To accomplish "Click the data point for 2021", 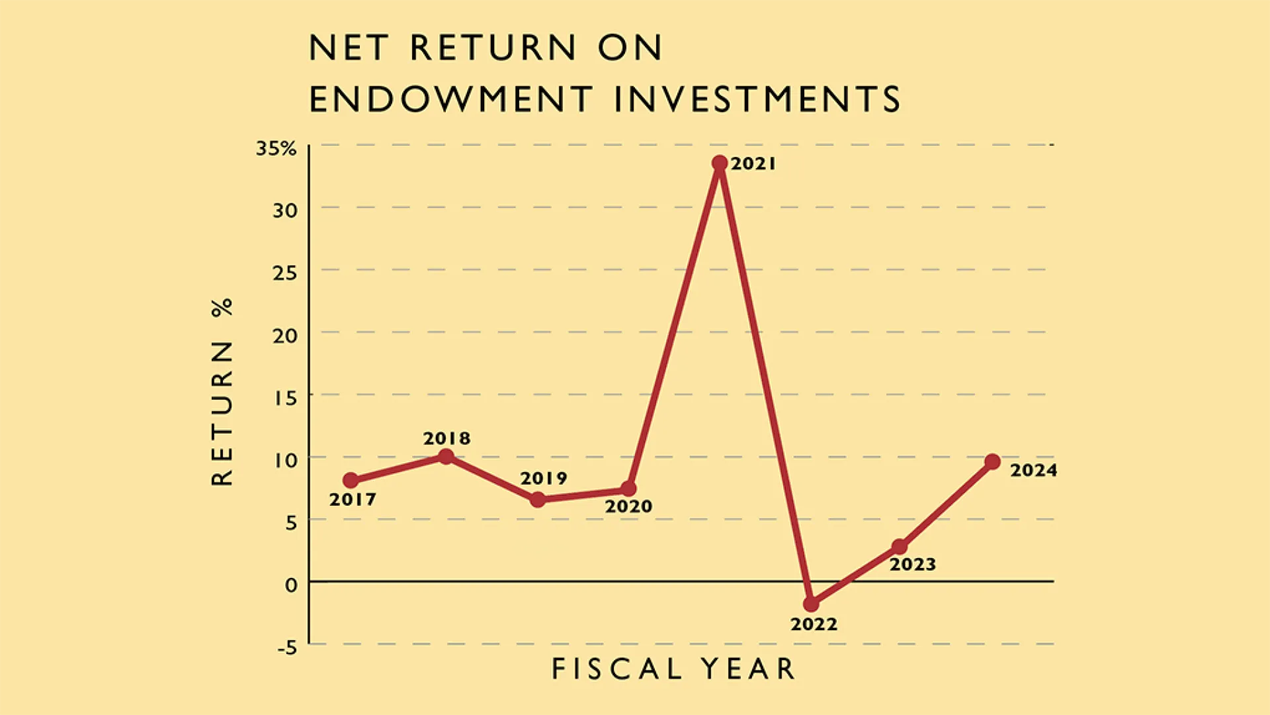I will pyautogui.click(x=720, y=163).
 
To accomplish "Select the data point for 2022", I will pyautogui.click(x=811, y=604).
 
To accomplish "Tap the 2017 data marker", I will pyautogui.click(x=351, y=480).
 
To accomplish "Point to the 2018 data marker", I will pyautogui.click(x=446, y=456).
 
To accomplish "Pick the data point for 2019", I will pyautogui.click(x=538, y=499).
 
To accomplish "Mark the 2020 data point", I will pyautogui.click(x=628, y=489).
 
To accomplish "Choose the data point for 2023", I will pyautogui.click(x=900, y=547).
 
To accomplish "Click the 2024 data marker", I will pyautogui.click(x=992, y=461).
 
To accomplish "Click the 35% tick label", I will pyautogui.click(x=276, y=148).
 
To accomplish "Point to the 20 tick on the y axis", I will pyautogui.click(x=285, y=336).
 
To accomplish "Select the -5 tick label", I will pyautogui.click(x=288, y=647).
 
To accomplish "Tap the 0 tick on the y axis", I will pyautogui.click(x=292, y=585).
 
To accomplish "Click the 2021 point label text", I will pyautogui.click(x=753, y=164).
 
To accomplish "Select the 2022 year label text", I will pyautogui.click(x=814, y=624).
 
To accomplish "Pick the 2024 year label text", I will pyautogui.click(x=1034, y=470).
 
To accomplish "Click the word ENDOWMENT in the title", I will pyautogui.click(x=451, y=99).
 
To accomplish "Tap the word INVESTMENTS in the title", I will pyautogui.click(x=757, y=99).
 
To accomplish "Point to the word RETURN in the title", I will pyautogui.click(x=493, y=48).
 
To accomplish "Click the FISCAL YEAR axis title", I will pyautogui.click(x=673, y=669).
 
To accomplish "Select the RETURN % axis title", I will pyautogui.click(x=223, y=392).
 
